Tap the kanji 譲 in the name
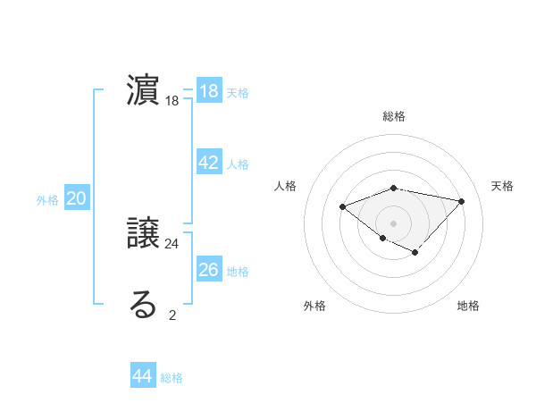[x=144, y=234]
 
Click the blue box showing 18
[x=209, y=91]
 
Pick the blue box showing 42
[x=209, y=163]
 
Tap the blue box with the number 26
[x=209, y=270]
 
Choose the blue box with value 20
[x=77, y=198]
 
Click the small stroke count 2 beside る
[x=172, y=315]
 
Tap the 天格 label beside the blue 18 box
[x=238, y=93]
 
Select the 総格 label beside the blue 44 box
[x=172, y=378]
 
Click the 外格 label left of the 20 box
[x=47, y=200]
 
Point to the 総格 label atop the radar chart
[x=394, y=116]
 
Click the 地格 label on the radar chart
[x=468, y=307]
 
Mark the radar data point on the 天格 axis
[x=461, y=201]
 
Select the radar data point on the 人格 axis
[x=342, y=206]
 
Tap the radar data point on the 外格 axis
[x=382, y=238]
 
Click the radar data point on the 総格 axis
[x=394, y=188]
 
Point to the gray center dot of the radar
[x=394, y=223]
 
